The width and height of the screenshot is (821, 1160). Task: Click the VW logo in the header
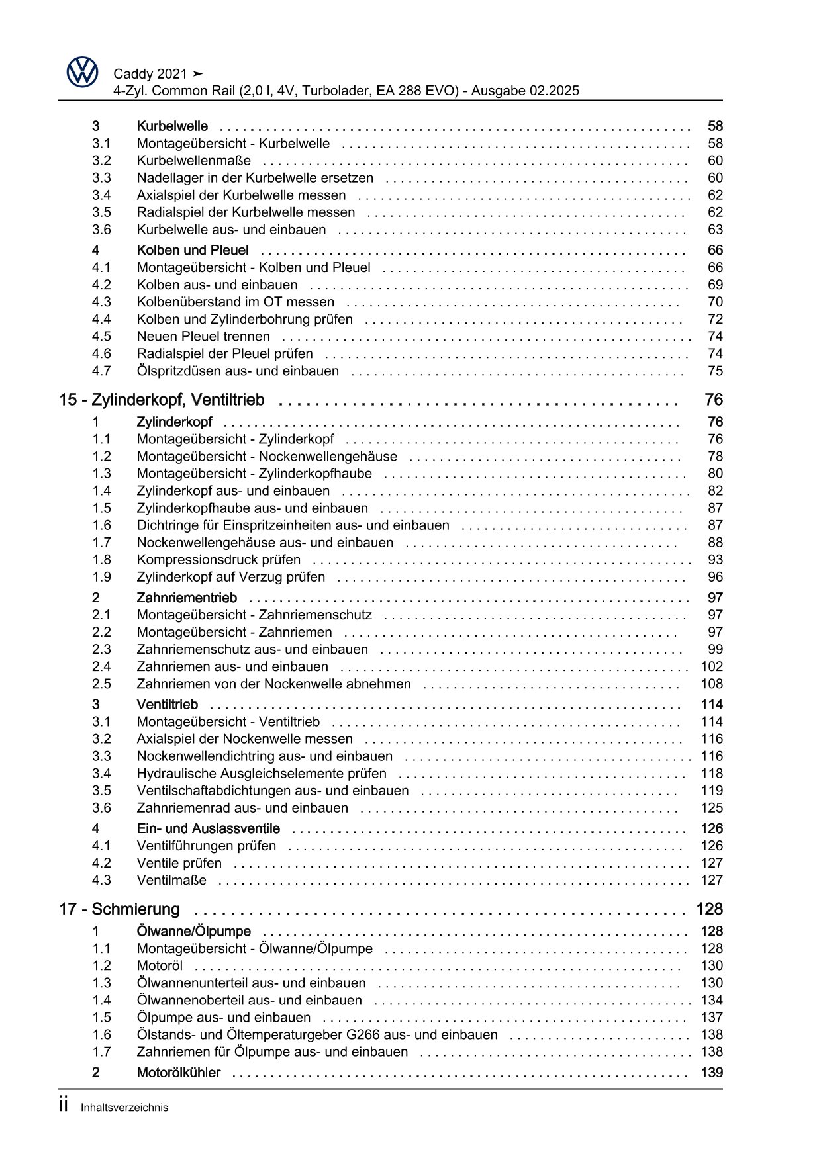(x=83, y=71)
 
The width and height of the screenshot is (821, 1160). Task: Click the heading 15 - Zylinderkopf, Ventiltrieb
(x=162, y=400)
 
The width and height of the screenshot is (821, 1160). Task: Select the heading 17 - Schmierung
(x=119, y=909)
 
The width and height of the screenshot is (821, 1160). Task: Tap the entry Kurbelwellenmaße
(x=193, y=161)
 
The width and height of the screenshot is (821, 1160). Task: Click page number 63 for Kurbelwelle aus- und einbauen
(x=715, y=230)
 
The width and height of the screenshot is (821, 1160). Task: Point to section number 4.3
(x=101, y=302)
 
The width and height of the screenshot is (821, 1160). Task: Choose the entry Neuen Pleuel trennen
(x=203, y=336)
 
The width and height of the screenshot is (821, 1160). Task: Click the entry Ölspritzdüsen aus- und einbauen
(x=238, y=371)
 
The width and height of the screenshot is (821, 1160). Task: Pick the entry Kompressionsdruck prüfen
(x=218, y=560)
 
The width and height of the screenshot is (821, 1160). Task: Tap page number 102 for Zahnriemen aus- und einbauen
(x=712, y=666)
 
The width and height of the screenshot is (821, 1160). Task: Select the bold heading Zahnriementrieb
(x=187, y=598)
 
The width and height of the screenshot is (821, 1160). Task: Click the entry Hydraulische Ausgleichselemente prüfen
(x=262, y=773)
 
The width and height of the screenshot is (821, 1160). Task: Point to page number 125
(x=712, y=807)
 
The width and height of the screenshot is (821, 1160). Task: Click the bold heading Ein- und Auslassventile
(x=208, y=828)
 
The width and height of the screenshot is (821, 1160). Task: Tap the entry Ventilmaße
(x=171, y=880)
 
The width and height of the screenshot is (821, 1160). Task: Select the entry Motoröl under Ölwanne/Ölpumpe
(x=160, y=965)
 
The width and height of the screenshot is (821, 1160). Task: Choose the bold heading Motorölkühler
(x=178, y=1073)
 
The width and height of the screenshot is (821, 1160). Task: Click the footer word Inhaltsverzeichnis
(x=124, y=1107)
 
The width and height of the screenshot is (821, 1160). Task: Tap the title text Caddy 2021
(x=150, y=74)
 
